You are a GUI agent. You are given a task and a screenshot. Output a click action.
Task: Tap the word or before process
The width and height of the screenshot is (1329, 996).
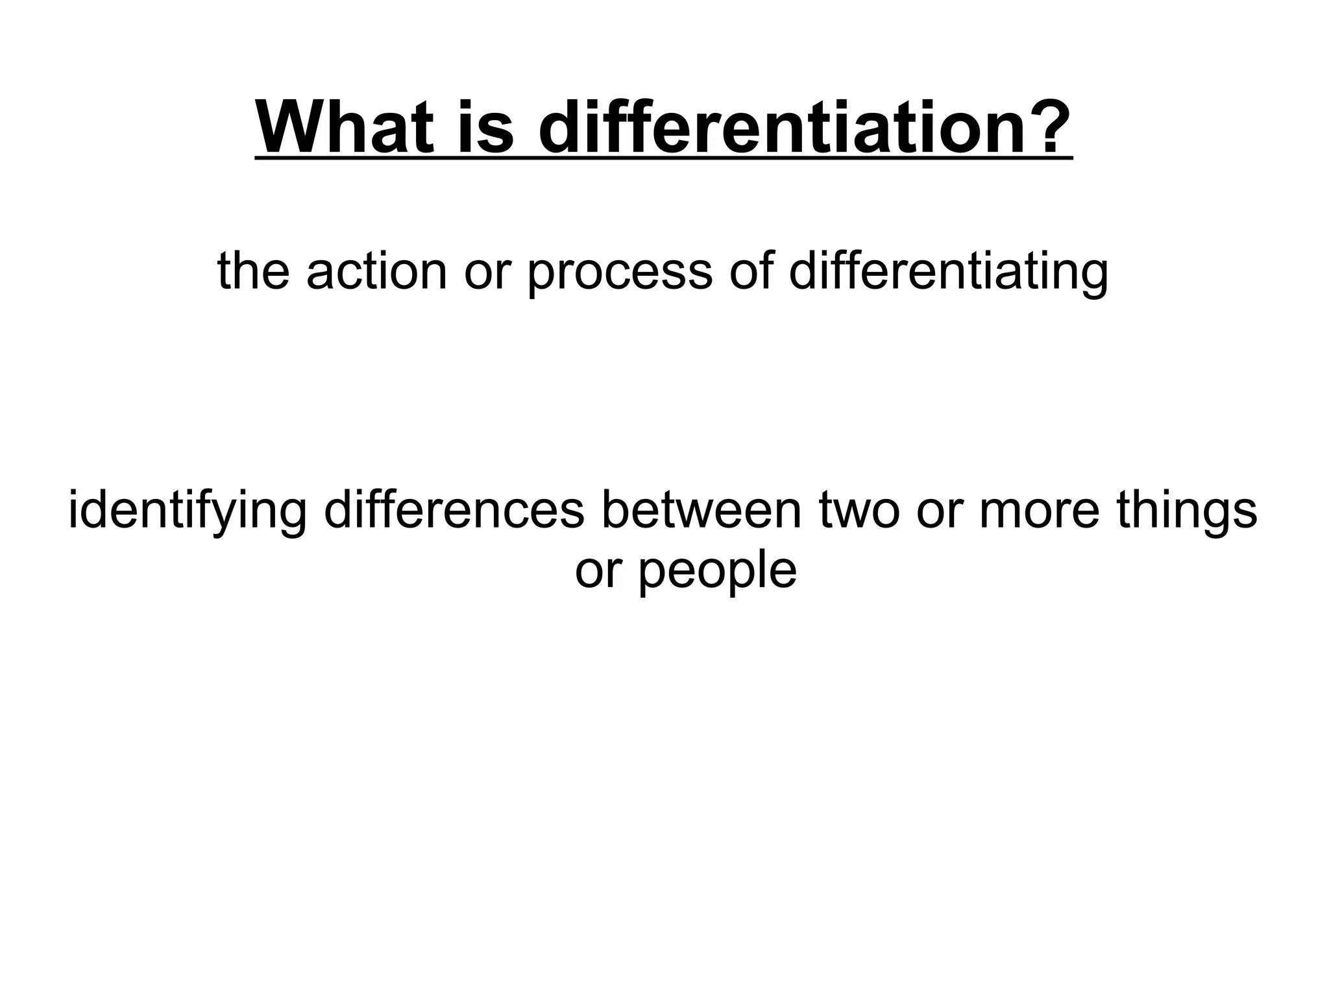pyautogui.click(x=486, y=271)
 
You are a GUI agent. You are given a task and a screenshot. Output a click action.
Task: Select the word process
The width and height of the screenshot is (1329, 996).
pyautogui.click(x=620, y=271)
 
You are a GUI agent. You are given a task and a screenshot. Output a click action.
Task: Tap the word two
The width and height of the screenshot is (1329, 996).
pyautogui.click(x=859, y=511)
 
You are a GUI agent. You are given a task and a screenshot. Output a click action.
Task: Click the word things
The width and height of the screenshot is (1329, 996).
pyautogui.click(x=1187, y=511)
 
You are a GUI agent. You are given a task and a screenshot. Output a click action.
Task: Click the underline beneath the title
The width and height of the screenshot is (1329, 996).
pyautogui.click(x=663, y=156)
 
